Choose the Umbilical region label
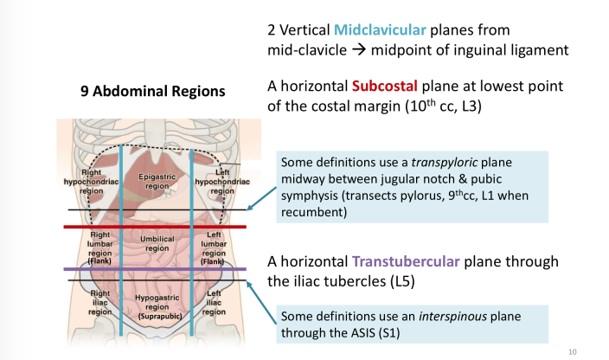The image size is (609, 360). click(157, 243)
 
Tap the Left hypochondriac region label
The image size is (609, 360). click(222, 181)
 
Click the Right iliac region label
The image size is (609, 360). click(99, 303)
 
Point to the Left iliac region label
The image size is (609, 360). click(214, 303)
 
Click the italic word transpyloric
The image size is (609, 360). click(446, 163)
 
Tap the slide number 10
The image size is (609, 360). click(573, 351)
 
